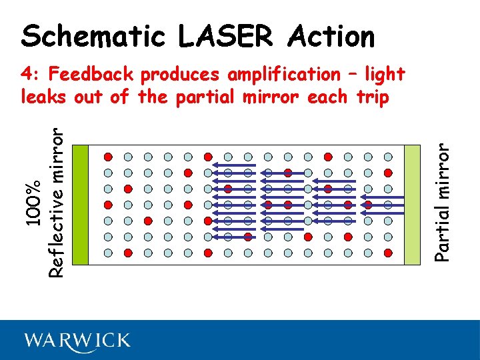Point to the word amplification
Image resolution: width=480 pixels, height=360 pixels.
(283, 75)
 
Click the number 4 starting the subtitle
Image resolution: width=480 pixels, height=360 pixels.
(27, 74)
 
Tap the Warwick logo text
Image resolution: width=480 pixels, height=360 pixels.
(78, 341)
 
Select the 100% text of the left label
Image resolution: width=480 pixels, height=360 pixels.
(37, 202)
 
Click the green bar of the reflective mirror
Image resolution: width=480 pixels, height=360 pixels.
(79, 205)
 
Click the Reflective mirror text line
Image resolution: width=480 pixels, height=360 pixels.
(59, 203)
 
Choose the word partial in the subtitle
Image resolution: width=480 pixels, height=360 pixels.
(206, 97)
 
